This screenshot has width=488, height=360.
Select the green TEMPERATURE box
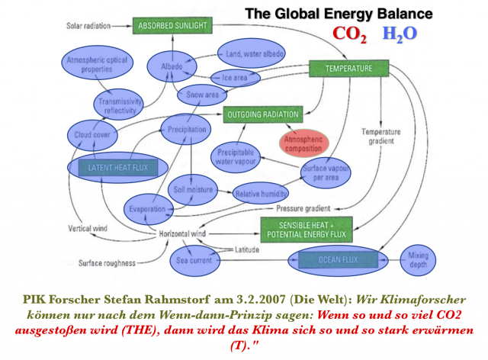pos(348,69)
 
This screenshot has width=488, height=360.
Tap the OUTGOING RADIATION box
pos(262,116)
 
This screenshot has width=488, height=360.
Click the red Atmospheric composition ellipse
pos(304,142)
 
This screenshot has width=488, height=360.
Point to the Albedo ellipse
pos(172,66)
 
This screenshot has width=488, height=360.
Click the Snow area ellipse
pos(202,95)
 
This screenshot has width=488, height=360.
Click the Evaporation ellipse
pos(148,208)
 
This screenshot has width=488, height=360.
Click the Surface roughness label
pos(107,263)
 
